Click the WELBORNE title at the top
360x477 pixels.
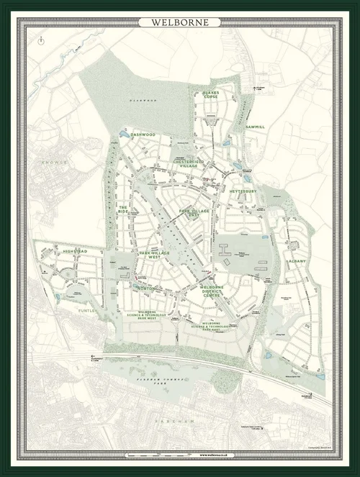(x=180, y=22)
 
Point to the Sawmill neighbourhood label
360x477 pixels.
(x=255, y=127)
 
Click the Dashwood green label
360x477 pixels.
(x=143, y=135)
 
